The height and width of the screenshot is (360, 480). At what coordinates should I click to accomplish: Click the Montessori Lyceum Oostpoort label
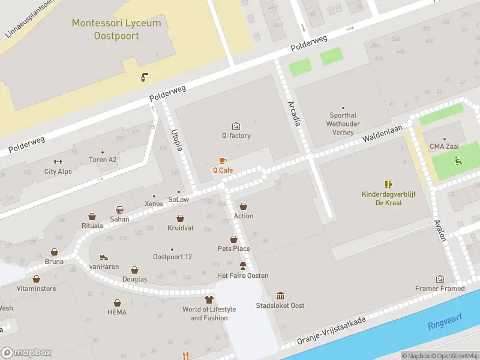(116, 29)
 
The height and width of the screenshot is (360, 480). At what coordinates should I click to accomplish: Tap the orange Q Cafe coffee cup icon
(223, 160)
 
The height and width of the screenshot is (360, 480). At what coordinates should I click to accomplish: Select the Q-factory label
(236, 136)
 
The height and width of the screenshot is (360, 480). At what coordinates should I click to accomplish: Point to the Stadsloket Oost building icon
(280, 295)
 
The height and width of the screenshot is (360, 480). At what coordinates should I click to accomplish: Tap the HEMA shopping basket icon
(117, 303)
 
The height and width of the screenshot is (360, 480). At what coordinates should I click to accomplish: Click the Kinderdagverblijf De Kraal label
(390, 199)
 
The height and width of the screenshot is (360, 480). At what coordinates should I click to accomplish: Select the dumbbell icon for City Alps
(58, 161)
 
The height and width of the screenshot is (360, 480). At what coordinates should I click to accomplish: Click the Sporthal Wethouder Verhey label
(343, 124)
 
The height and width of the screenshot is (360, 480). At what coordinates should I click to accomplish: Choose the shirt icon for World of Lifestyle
(209, 299)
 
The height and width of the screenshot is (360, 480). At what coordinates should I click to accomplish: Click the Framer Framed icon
(440, 279)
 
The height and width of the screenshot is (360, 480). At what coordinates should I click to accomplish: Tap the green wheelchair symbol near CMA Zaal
(458, 160)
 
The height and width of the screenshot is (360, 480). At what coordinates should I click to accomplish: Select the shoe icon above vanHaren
(104, 257)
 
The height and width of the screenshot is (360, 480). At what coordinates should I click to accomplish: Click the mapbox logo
(26, 352)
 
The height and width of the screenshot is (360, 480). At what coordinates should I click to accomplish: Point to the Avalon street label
(440, 229)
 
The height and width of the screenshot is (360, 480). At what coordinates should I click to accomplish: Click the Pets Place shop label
(233, 248)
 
